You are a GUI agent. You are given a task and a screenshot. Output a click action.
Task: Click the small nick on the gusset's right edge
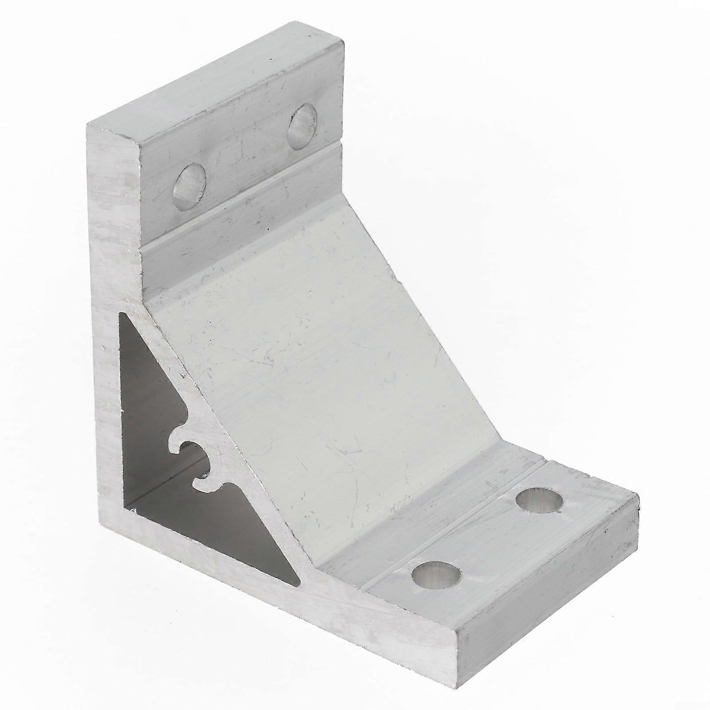click(x=393, y=278)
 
